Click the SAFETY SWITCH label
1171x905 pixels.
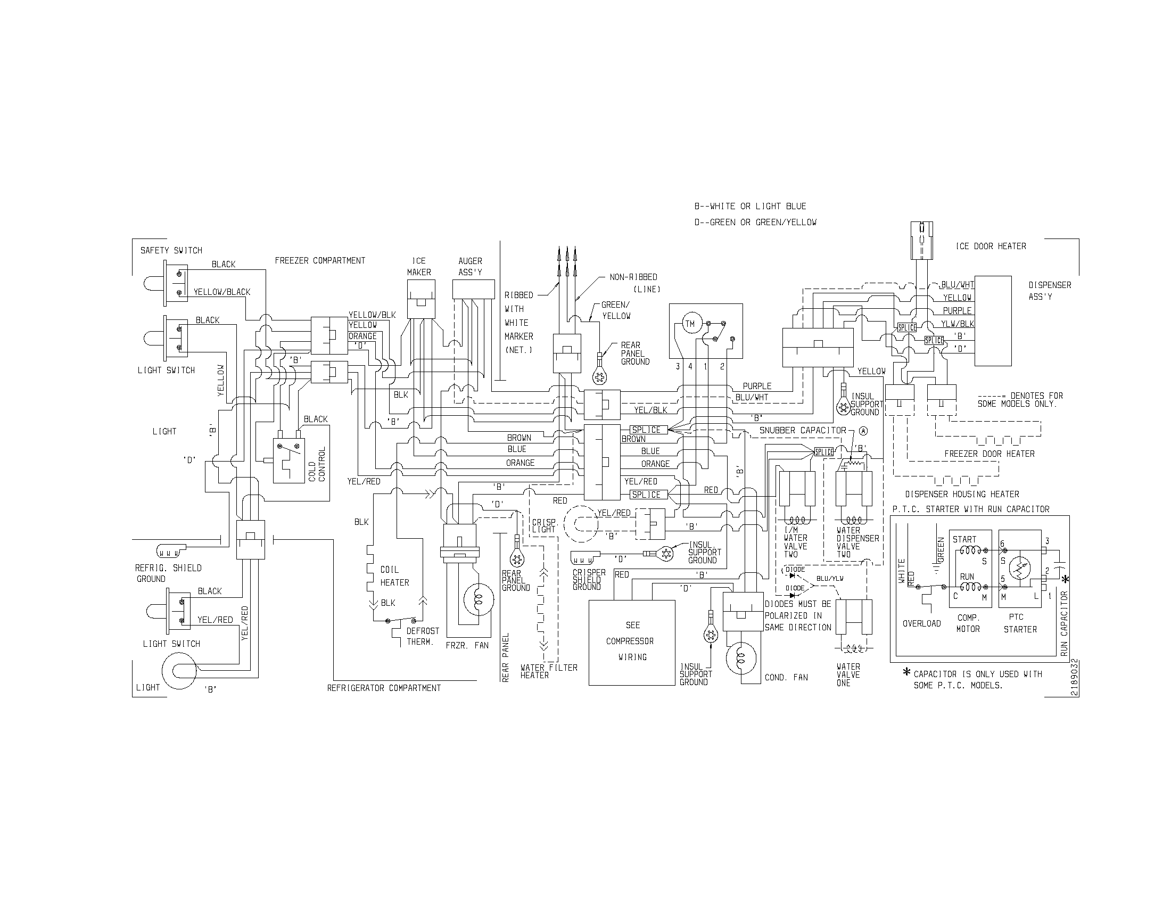pos(171,250)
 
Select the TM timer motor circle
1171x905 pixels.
pos(690,324)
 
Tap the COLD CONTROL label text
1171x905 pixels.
pos(317,464)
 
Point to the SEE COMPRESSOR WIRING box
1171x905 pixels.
pos(632,642)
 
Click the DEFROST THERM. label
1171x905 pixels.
pos(423,636)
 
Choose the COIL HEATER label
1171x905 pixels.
pos(394,576)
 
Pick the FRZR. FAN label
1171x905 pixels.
pos(467,646)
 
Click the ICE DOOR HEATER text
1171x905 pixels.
pos(991,246)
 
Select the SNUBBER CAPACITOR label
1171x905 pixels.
pos(803,431)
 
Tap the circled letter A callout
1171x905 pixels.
pos(863,431)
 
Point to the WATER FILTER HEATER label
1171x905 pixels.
pos(548,671)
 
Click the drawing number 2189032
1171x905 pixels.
pos(1074,677)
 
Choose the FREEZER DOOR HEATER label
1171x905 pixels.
pos(989,454)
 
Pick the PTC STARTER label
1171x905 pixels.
pos(1020,623)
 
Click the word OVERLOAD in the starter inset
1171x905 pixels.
pos(922,623)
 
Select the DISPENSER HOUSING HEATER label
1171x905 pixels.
pos(962,495)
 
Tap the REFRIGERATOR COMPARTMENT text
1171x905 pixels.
pos(384,688)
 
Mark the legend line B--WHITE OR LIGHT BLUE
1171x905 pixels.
pos(750,207)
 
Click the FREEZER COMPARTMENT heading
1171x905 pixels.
pos(320,260)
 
